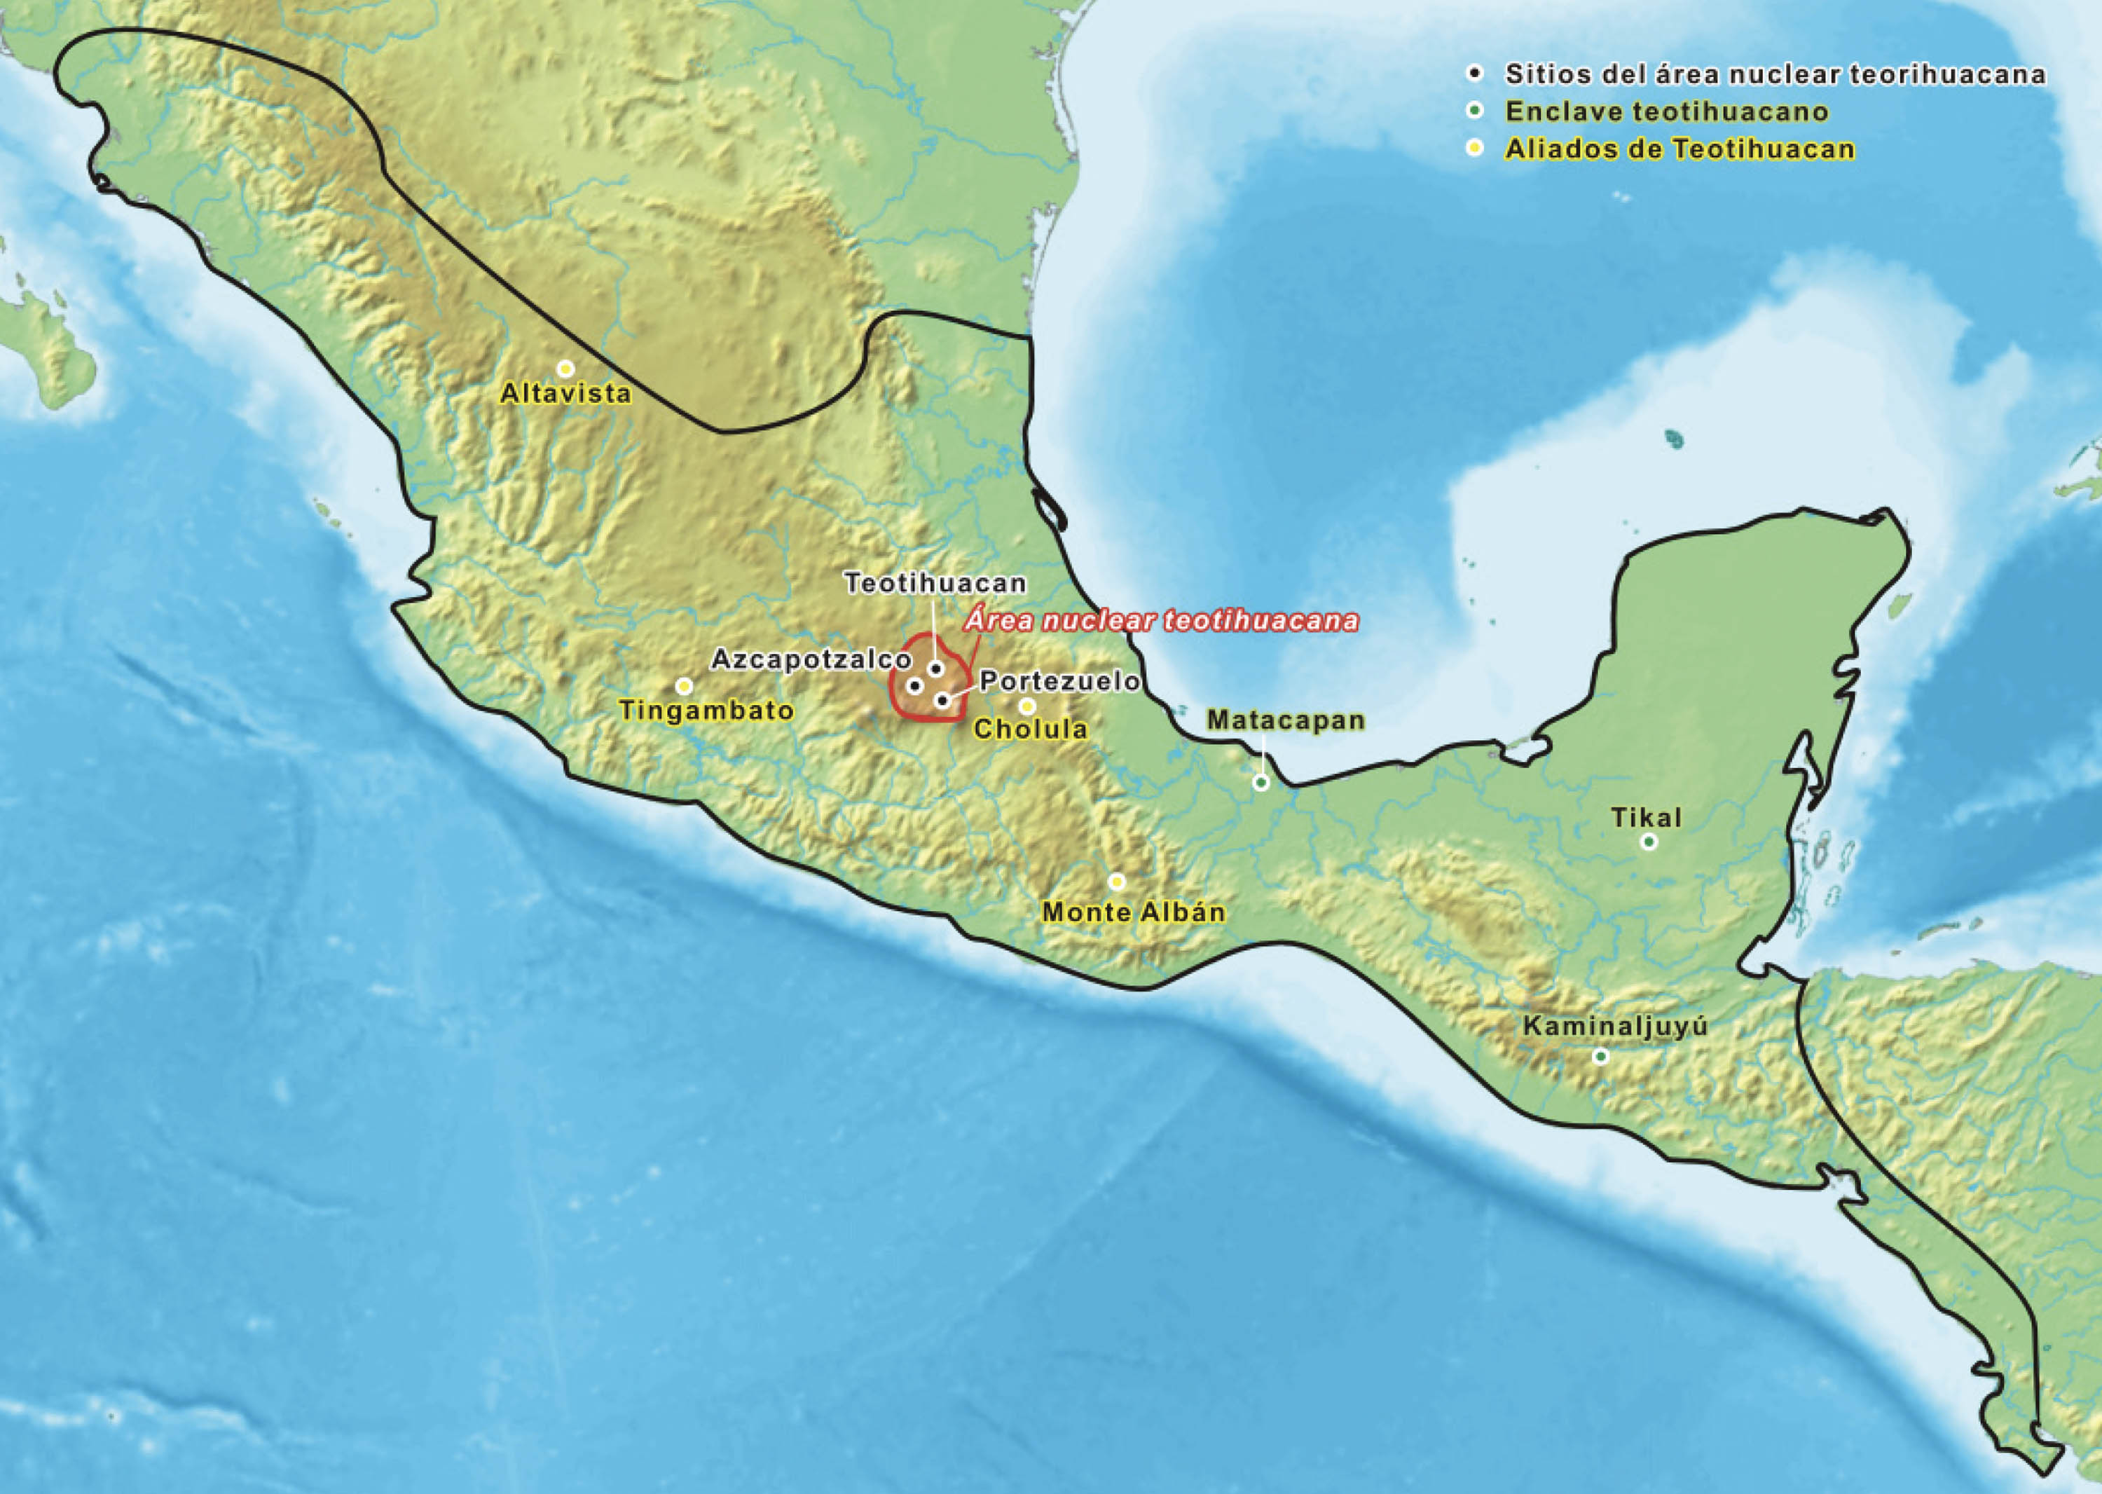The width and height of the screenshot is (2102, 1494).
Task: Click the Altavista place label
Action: (x=565, y=394)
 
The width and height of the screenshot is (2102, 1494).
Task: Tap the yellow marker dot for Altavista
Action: (x=565, y=368)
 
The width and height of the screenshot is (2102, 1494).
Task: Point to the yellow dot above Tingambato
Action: (x=683, y=685)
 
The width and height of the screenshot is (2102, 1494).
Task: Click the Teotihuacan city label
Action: (x=935, y=583)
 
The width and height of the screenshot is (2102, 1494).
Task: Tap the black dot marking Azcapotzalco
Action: (x=914, y=685)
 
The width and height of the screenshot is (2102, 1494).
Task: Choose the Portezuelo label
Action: (x=1059, y=682)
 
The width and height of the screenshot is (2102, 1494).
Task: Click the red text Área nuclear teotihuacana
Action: (x=1161, y=621)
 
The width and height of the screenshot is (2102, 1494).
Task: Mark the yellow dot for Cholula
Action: (x=1026, y=706)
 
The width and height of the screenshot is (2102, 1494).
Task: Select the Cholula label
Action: (x=1030, y=729)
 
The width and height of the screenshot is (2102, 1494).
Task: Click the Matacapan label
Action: (x=1285, y=720)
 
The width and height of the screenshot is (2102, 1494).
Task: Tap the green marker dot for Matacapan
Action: (x=1261, y=783)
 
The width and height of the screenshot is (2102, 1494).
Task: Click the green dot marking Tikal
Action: (x=1649, y=841)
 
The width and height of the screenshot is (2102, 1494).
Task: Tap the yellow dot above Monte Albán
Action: (x=1116, y=882)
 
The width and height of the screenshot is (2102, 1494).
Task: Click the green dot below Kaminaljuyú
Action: (x=1600, y=1057)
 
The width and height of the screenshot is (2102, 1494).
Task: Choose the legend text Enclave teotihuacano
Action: (x=1666, y=112)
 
